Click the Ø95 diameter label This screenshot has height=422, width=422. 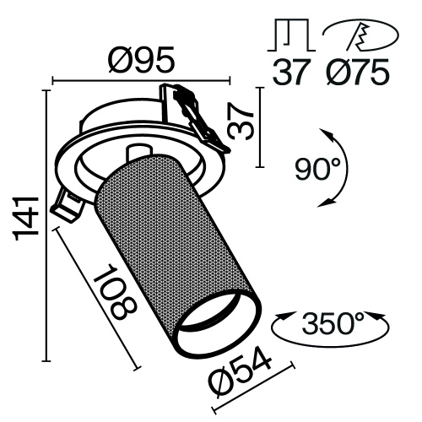pos(141,62)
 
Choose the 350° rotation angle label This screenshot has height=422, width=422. pos(333,323)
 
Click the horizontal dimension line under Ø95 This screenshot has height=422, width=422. pos(141,82)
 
